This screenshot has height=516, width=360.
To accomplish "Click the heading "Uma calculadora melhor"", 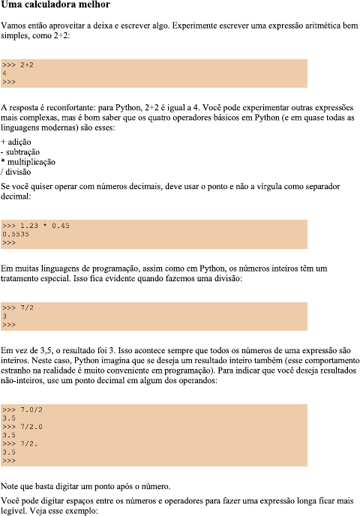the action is (56, 6).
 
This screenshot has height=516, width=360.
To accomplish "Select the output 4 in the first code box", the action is (4, 73).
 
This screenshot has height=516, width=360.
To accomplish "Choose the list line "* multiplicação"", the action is (28, 161).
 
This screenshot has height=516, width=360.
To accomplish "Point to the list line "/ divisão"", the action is (16, 172).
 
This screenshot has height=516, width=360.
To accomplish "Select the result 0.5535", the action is (15, 234).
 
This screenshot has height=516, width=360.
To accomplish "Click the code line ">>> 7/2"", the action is (17, 308).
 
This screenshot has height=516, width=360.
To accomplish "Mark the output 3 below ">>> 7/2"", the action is (4, 316).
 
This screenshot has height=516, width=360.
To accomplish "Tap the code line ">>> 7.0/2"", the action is (23, 409).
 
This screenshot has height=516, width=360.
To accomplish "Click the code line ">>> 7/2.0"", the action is (23, 426).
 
